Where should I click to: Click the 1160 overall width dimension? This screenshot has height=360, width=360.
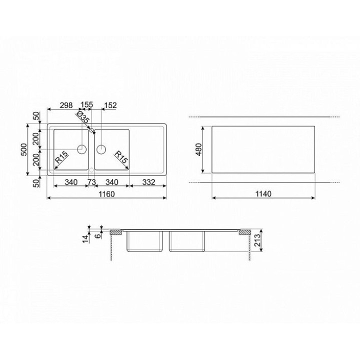click(x=106, y=194)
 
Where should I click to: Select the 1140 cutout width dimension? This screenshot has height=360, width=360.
click(x=263, y=194)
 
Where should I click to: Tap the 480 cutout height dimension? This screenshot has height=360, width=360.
click(x=199, y=149)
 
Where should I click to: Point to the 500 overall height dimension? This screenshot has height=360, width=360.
click(x=24, y=149)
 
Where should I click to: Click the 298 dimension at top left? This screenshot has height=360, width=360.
click(x=66, y=105)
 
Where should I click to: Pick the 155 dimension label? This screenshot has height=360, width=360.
click(x=87, y=104)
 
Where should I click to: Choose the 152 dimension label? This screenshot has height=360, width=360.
click(x=110, y=105)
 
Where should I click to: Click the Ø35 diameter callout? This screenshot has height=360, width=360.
click(x=82, y=117)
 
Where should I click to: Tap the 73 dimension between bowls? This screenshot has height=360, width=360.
click(x=91, y=182)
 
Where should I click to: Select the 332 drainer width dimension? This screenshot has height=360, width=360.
click(x=149, y=182)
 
